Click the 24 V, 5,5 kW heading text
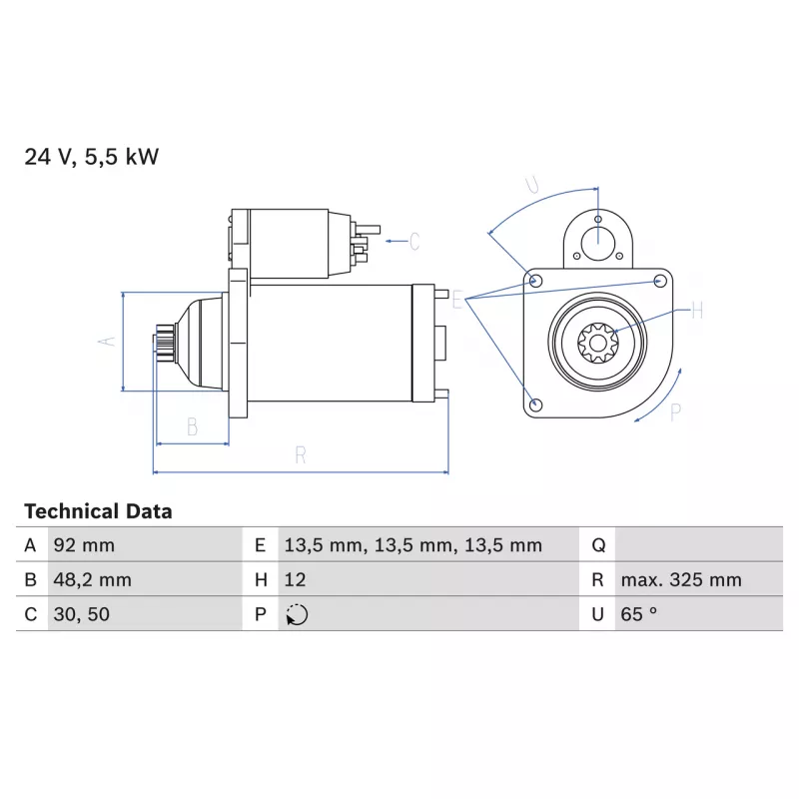[x=92, y=157]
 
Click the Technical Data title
[x=98, y=511]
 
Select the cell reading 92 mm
[x=145, y=544]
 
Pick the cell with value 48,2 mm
[x=145, y=579]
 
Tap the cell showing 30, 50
[x=145, y=614]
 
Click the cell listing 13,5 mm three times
[x=428, y=544]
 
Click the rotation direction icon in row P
[x=297, y=614]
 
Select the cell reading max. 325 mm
[x=698, y=579]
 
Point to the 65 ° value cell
[x=698, y=614]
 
